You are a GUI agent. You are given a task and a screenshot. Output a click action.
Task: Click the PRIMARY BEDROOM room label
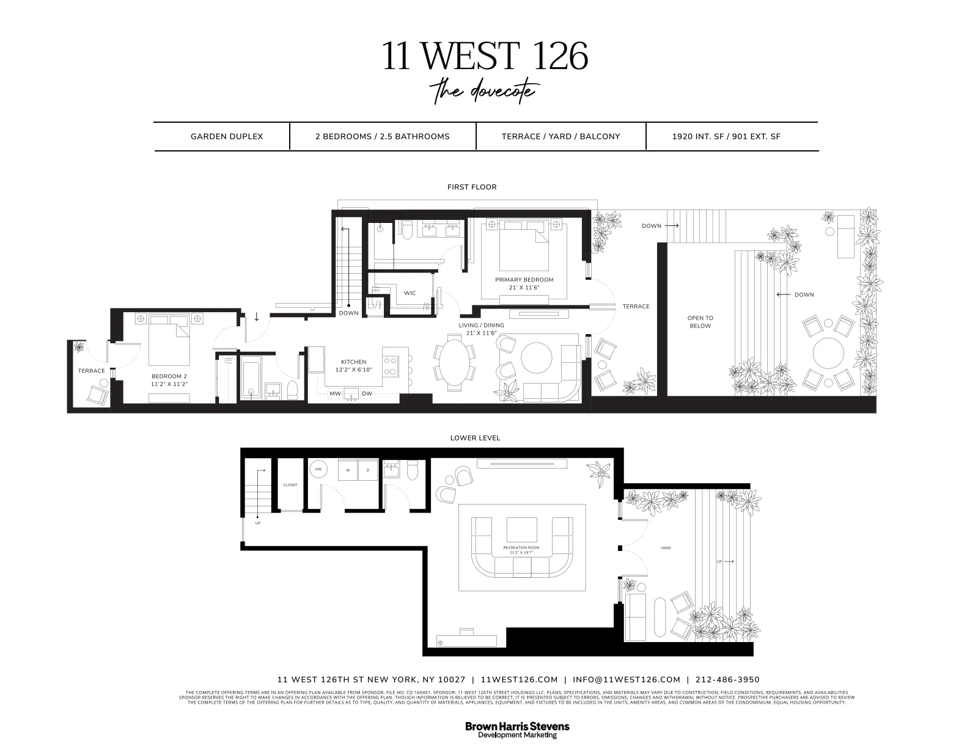coord(524,280)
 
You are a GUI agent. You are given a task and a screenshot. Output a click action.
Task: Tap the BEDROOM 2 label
coord(169,376)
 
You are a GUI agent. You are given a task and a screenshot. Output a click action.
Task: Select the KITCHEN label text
coord(353,362)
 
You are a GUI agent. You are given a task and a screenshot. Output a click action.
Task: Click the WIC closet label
coord(410,293)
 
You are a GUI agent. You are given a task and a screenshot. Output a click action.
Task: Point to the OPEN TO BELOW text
coord(700,322)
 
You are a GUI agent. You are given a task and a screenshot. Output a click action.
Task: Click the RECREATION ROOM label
coord(521,548)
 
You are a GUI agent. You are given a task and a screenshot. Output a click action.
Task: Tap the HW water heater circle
coord(318,470)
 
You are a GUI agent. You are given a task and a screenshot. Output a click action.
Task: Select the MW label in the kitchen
coord(335,394)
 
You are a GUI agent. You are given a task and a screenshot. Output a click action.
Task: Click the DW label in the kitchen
coord(367,394)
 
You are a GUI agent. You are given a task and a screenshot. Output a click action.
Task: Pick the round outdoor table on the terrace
coord(828,353)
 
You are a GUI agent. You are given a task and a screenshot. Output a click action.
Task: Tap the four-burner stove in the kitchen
coord(390,365)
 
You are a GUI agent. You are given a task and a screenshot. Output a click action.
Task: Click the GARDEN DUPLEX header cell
coord(227,136)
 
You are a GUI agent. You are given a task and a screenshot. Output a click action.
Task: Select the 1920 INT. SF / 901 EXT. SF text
coord(726,136)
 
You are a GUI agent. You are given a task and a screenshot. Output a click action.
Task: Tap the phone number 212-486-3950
coord(727,679)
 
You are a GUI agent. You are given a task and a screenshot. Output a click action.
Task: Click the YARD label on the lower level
coord(666,548)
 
